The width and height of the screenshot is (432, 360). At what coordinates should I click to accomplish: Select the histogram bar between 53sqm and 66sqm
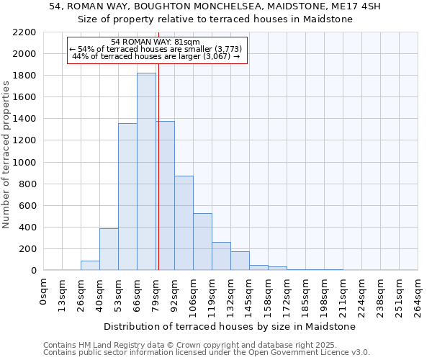pyautogui.click(x=127, y=197)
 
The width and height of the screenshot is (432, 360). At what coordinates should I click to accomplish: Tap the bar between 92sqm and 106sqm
pyautogui.click(x=184, y=222)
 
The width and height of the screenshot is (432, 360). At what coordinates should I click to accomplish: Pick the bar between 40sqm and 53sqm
pyautogui.click(x=109, y=249)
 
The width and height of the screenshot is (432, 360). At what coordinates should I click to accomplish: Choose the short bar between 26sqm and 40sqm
pyautogui.click(x=90, y=265)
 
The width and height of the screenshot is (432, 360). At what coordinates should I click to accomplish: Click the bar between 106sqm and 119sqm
pyautogui.click(x=202, y=241)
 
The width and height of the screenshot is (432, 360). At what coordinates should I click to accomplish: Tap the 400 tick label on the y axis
pyautogui.click(x=27, y=228)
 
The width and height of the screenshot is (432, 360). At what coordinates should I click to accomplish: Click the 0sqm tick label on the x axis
pyautogui.click(x=44, y=289)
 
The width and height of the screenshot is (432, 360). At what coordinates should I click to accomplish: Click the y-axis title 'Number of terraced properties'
pyautogui.click(x=6, y=155)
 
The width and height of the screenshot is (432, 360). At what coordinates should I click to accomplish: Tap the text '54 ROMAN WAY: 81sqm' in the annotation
pyautogui.click(x=156, y=42)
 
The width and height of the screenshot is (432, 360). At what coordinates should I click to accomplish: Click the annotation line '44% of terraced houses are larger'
pyautogui.click(x=156, y=56)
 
